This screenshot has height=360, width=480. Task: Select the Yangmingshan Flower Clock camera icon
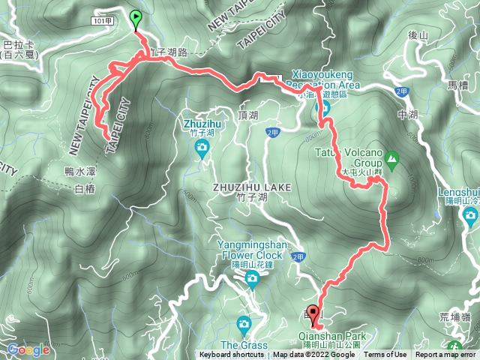[252, 280]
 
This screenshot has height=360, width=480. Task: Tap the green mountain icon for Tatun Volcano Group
[391, 159]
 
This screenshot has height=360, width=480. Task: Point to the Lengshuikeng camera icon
[471, 217]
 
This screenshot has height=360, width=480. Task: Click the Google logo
[28, 349]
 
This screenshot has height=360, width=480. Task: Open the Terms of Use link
[386, 355]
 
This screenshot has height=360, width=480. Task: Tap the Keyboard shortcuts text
[233, 355]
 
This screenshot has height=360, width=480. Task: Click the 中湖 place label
[409, 115]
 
